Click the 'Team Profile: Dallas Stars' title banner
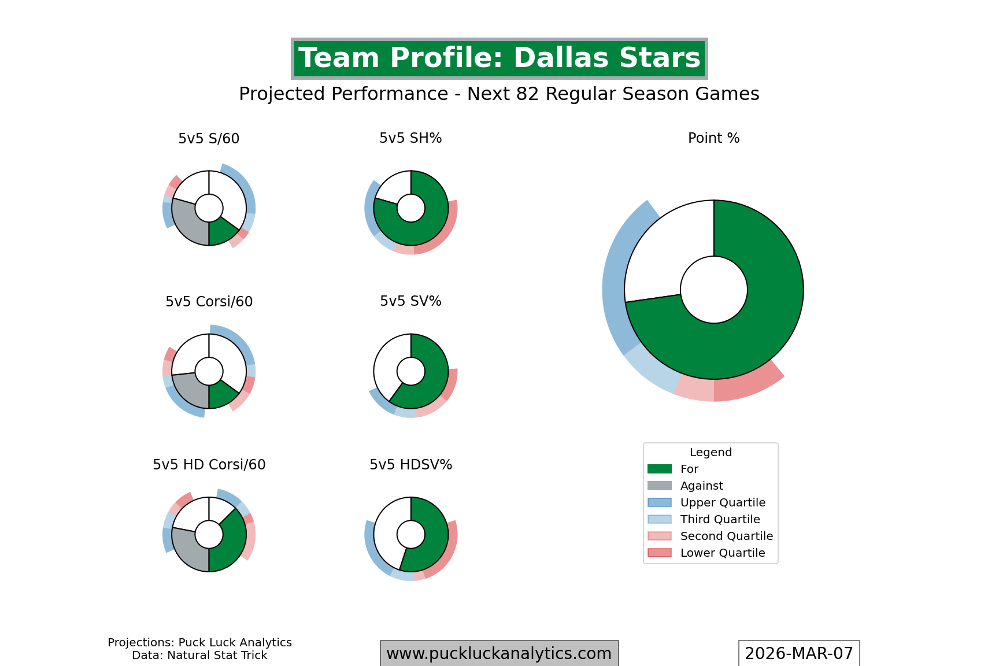[499, 58]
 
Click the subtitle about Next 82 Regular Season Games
[499, 94]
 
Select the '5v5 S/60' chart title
[209, 139]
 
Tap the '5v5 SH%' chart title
[410, 138]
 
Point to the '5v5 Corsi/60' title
[209, 302]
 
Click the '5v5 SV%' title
[410, 301]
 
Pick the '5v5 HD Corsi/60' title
[209, 465]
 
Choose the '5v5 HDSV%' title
[410, 465]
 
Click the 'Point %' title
[713, 138]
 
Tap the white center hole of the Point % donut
[713, 290]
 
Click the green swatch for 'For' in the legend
[660, 469]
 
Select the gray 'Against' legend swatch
[660, 486]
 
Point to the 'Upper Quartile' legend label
[723, 502]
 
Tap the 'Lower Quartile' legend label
[723, 553]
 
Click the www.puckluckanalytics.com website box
[499, 653]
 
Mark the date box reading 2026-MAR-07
[798, 653]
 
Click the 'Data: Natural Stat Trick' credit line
[199, 655]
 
